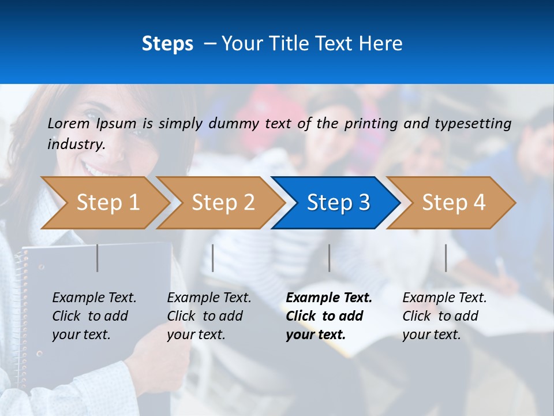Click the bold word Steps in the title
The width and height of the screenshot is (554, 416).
click(167, 44)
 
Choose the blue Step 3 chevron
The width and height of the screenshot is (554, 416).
click(338, 203)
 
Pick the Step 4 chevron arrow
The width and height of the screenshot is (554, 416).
click(453, 203)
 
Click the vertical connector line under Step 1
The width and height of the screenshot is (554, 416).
click(98, 258)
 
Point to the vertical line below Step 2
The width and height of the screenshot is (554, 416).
click(213, 258)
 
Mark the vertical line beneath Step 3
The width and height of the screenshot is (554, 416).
click(329, 258)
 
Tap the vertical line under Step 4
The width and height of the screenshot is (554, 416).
click(446, 258)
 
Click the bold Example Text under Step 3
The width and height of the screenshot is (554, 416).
click(329, 298)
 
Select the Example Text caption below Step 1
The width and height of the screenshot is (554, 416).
click(94, 298)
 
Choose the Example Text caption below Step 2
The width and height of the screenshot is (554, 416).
click(209, 298)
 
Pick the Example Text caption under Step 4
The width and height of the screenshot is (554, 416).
click(444, 298)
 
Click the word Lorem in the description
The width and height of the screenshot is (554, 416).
click(68, 123)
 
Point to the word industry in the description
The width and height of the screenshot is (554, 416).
click(76, 144)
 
